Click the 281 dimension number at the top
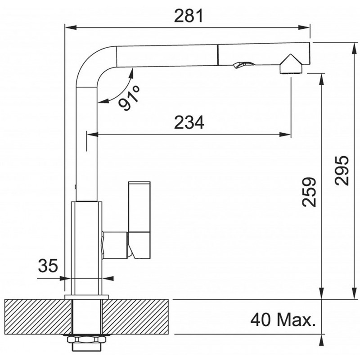click(x=189, y=16)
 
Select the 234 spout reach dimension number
click(x=189, y=122)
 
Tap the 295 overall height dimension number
click(x=342, y=170)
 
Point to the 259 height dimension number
click(x=309, y=192)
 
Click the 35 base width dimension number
click(x=48, y=265)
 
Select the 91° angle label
click(x=129, y=98)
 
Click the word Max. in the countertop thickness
click(x=296, y=320)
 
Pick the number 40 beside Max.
click(x=261, y=320)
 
